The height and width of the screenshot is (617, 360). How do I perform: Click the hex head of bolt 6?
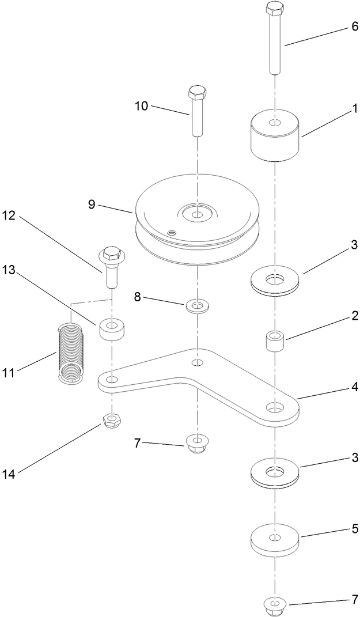coord(275,10)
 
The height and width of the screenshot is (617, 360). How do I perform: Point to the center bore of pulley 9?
coord(197,214)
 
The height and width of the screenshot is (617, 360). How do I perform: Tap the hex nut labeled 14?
coord(111,422)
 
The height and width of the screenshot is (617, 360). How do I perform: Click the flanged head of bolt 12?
coord(111,254)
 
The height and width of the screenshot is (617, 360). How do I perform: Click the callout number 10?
coord(142,106)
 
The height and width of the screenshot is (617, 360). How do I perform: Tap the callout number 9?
coord(92,205)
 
